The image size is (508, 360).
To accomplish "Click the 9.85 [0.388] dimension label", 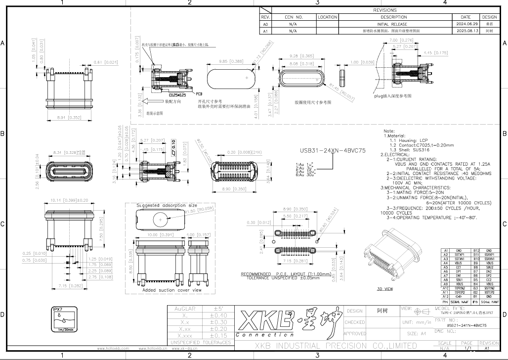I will point(230,61).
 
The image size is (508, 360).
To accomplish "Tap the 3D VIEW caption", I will point(384,288).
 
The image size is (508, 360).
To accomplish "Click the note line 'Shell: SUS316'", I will point(412,150).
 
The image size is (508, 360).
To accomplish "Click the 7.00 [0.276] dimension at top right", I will point(401,40).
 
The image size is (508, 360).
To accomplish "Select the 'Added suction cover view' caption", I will point(165,290).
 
